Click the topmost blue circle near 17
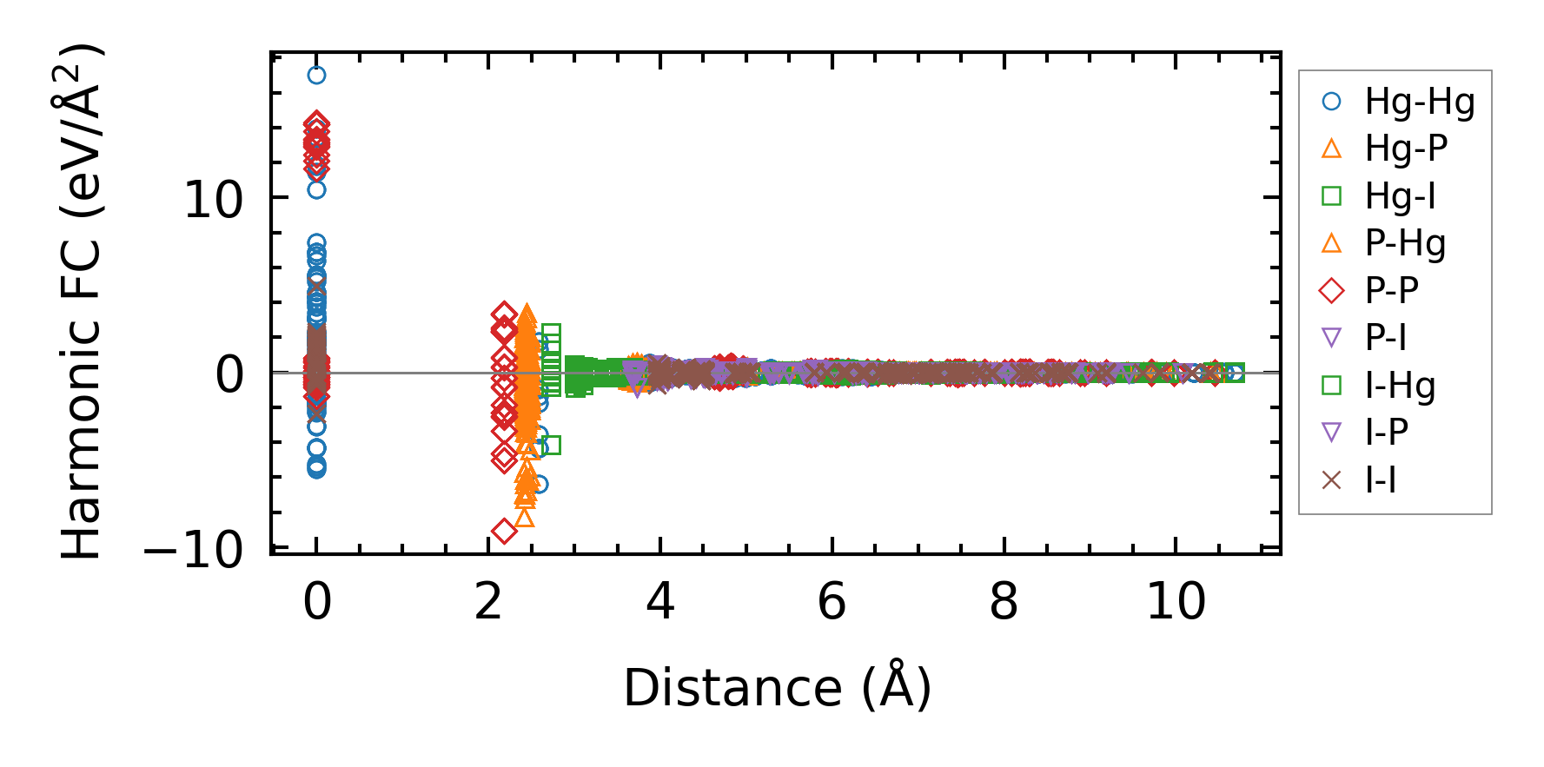coord(317,76)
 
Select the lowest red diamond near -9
coord(504,531)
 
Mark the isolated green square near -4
coord(551,446)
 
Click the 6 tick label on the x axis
coord(832,601)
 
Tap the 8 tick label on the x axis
coord(1004,601)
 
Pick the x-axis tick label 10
coord(1176,601)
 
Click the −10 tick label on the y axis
coord(194,550)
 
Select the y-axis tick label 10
coord(214,201)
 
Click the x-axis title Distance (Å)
coord(778,689)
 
